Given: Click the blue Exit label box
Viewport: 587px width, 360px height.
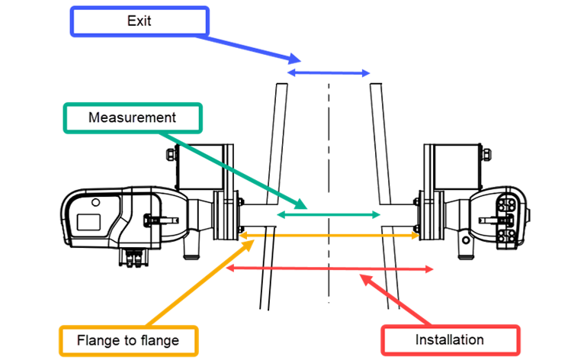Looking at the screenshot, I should pyautogui.click(x=139, y=21).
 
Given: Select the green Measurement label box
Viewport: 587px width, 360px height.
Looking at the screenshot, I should pyautogui.click(x=133, y=118).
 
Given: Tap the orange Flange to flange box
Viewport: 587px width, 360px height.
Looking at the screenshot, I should pyautogui.click(x=128, y=340).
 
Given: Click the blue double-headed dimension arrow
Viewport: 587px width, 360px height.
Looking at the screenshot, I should pyautogui.click(x=329, y=72).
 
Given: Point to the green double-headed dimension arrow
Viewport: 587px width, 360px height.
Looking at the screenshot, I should pyautogui.click(x=328, y=216).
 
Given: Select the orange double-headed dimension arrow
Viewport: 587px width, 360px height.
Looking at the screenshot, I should pyautogui.click(x=329, y=236).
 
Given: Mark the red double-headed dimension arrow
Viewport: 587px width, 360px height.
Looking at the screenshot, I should pyautogui.click(x=330, y=268).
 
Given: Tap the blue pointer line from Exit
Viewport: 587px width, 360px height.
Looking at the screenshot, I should pyautogui.click(x=252, y=45).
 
